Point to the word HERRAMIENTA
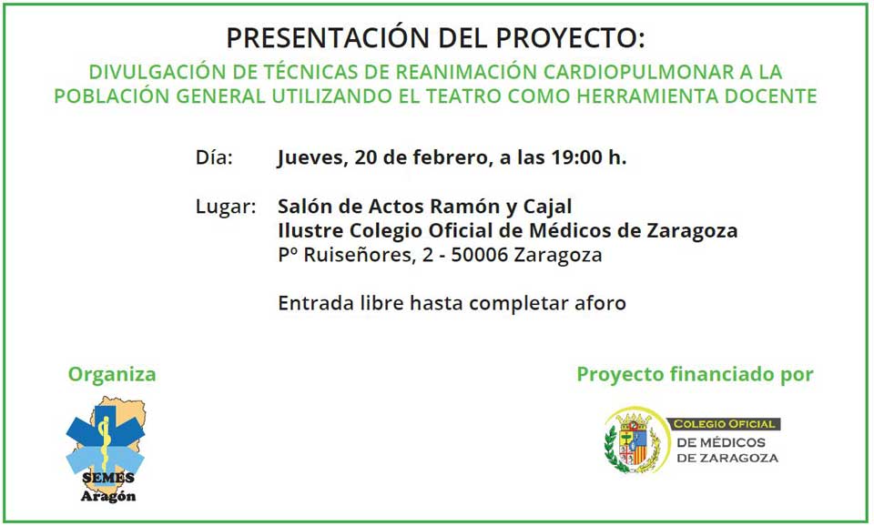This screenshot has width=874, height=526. (647, 96)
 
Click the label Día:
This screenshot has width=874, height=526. (214, 157)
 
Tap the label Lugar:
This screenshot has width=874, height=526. (226, 207)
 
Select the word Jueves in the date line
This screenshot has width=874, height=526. (312, 157)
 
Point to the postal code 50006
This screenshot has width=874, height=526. (480, 255)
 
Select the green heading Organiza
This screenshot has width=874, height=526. (112, 374)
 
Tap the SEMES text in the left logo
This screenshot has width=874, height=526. (108, 478)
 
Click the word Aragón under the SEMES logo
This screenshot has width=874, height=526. (108, 496)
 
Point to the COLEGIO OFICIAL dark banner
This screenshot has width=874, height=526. (724, 424)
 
